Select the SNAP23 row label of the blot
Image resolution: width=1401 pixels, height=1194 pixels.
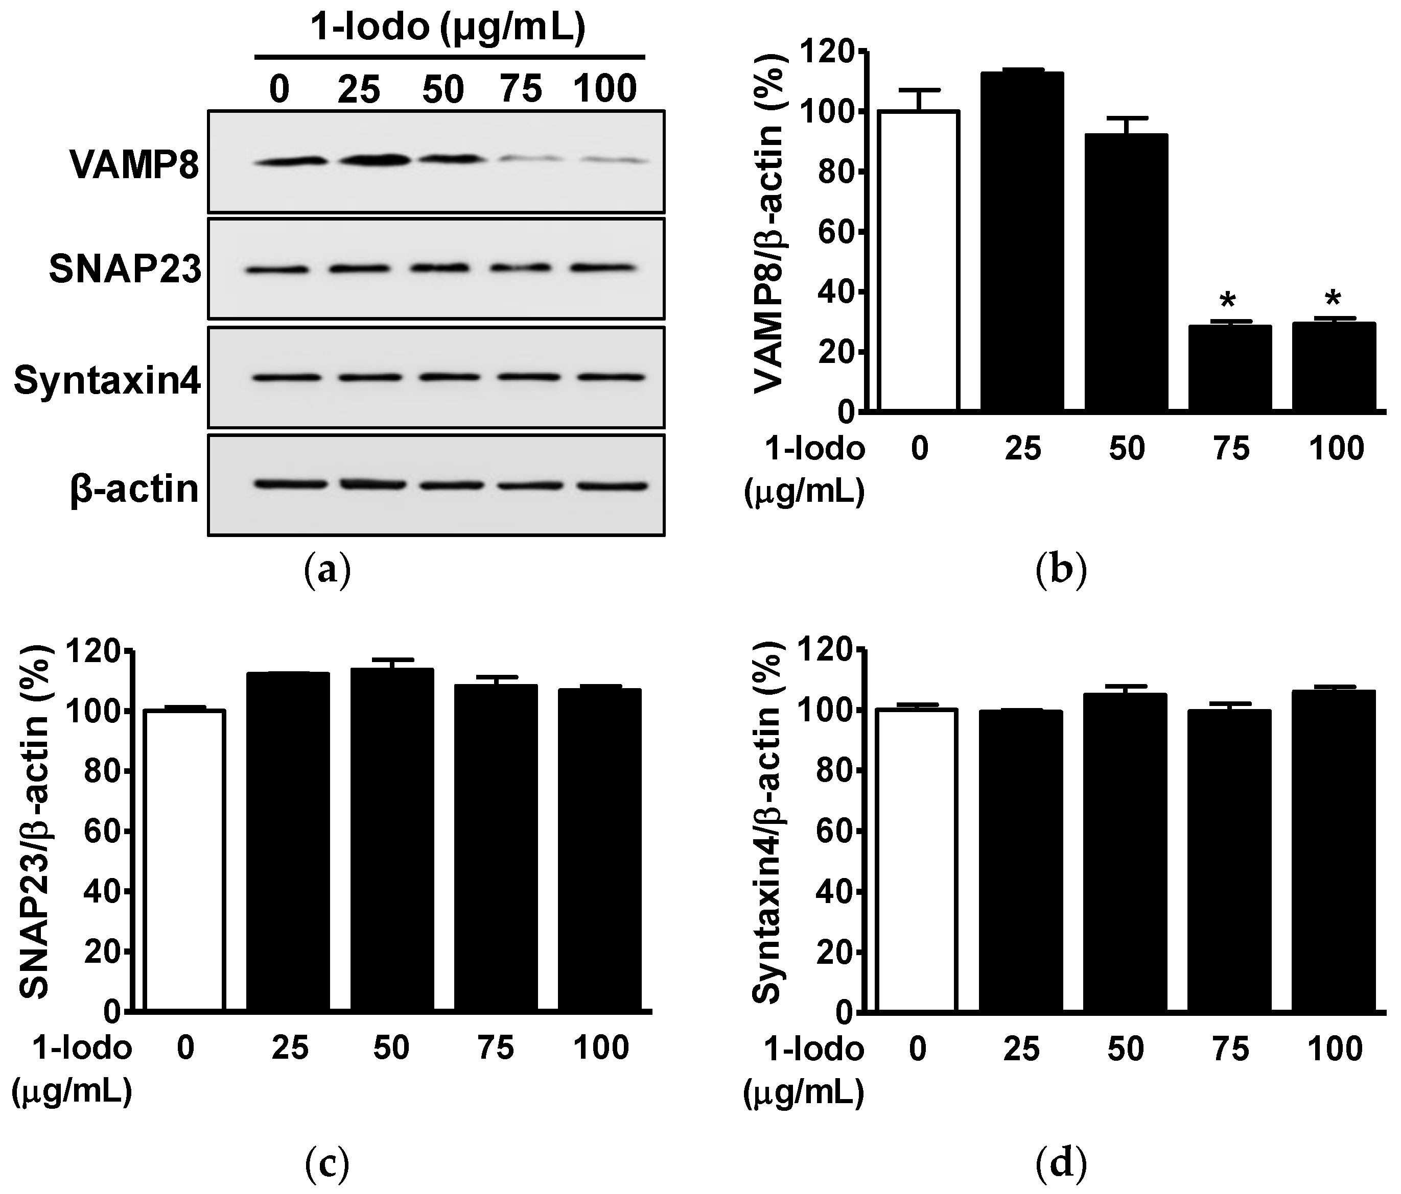click(x=125, y=270)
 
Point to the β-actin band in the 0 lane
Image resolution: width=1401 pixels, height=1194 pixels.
click(x=291, y=484)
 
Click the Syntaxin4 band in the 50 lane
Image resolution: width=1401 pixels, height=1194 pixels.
click(x=443, y=377)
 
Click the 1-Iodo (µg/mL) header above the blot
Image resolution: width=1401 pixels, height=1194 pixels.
click(x=447, y=29)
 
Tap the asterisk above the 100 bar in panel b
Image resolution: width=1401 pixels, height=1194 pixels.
click(x=1333, y=299)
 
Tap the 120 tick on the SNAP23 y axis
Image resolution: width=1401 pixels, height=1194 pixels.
click(x=102, y=651)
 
